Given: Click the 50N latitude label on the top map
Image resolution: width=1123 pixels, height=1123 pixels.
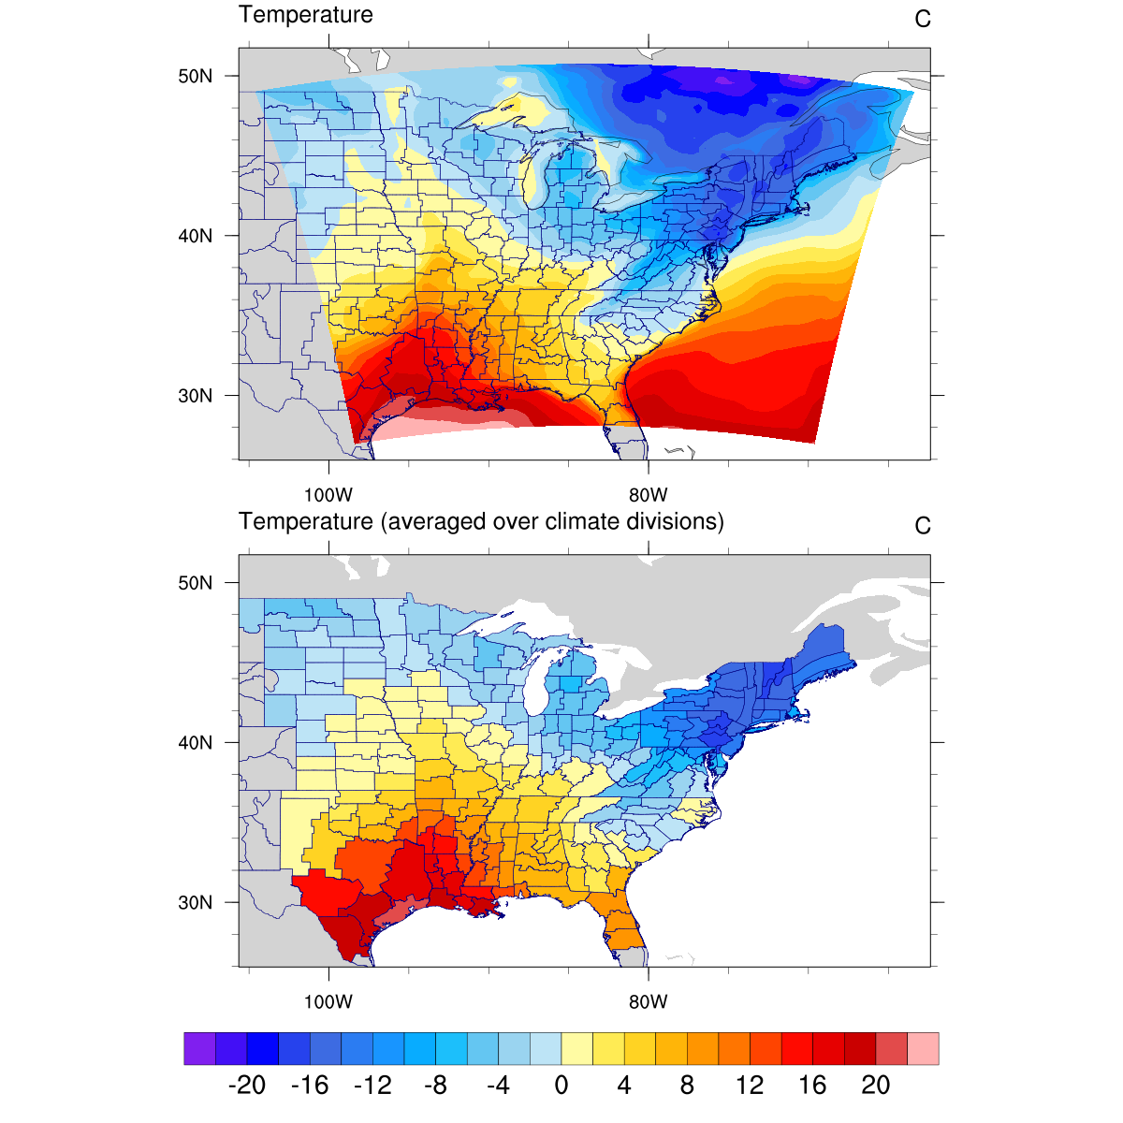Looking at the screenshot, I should coord(195,76).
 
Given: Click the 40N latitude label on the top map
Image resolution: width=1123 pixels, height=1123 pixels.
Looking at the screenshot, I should coord(195,236).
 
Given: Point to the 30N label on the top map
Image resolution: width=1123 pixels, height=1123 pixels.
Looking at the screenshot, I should coord(195,396).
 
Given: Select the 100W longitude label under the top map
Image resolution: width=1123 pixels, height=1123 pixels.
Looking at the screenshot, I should coord(328,495).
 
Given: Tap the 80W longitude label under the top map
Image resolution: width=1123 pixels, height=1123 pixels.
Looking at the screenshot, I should coord(648,495).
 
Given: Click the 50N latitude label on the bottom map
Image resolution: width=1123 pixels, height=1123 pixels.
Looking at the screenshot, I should coord(195,583).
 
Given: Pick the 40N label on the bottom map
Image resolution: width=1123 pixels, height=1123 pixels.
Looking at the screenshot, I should coord(195,743).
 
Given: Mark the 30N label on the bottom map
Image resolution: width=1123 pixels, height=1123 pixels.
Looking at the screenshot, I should coord(195,903).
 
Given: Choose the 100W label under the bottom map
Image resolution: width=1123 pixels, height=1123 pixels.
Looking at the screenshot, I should coord(328,1002).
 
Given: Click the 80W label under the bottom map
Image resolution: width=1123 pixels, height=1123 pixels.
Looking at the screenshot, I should coord(648,1002).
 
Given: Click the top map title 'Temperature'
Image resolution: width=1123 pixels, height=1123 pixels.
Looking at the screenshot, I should coord(306,15).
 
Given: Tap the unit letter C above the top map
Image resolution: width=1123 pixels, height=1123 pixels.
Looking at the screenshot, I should coord(923,20).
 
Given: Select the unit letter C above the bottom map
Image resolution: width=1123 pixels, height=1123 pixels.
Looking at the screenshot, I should coord(923,526).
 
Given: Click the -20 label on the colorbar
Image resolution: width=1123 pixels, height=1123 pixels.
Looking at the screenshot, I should coord(247,1086).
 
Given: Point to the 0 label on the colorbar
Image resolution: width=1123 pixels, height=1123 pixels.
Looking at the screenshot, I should coord(561,1086).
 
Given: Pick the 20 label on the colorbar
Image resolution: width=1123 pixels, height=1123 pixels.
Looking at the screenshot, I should coord(876,1086).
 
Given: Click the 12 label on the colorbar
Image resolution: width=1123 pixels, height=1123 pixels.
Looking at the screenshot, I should coord(750,1086).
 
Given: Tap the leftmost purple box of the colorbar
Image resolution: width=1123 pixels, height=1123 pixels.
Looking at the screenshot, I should coord(199,1048).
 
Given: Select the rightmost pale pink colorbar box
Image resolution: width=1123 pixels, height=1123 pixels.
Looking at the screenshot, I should coord(924,1048).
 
